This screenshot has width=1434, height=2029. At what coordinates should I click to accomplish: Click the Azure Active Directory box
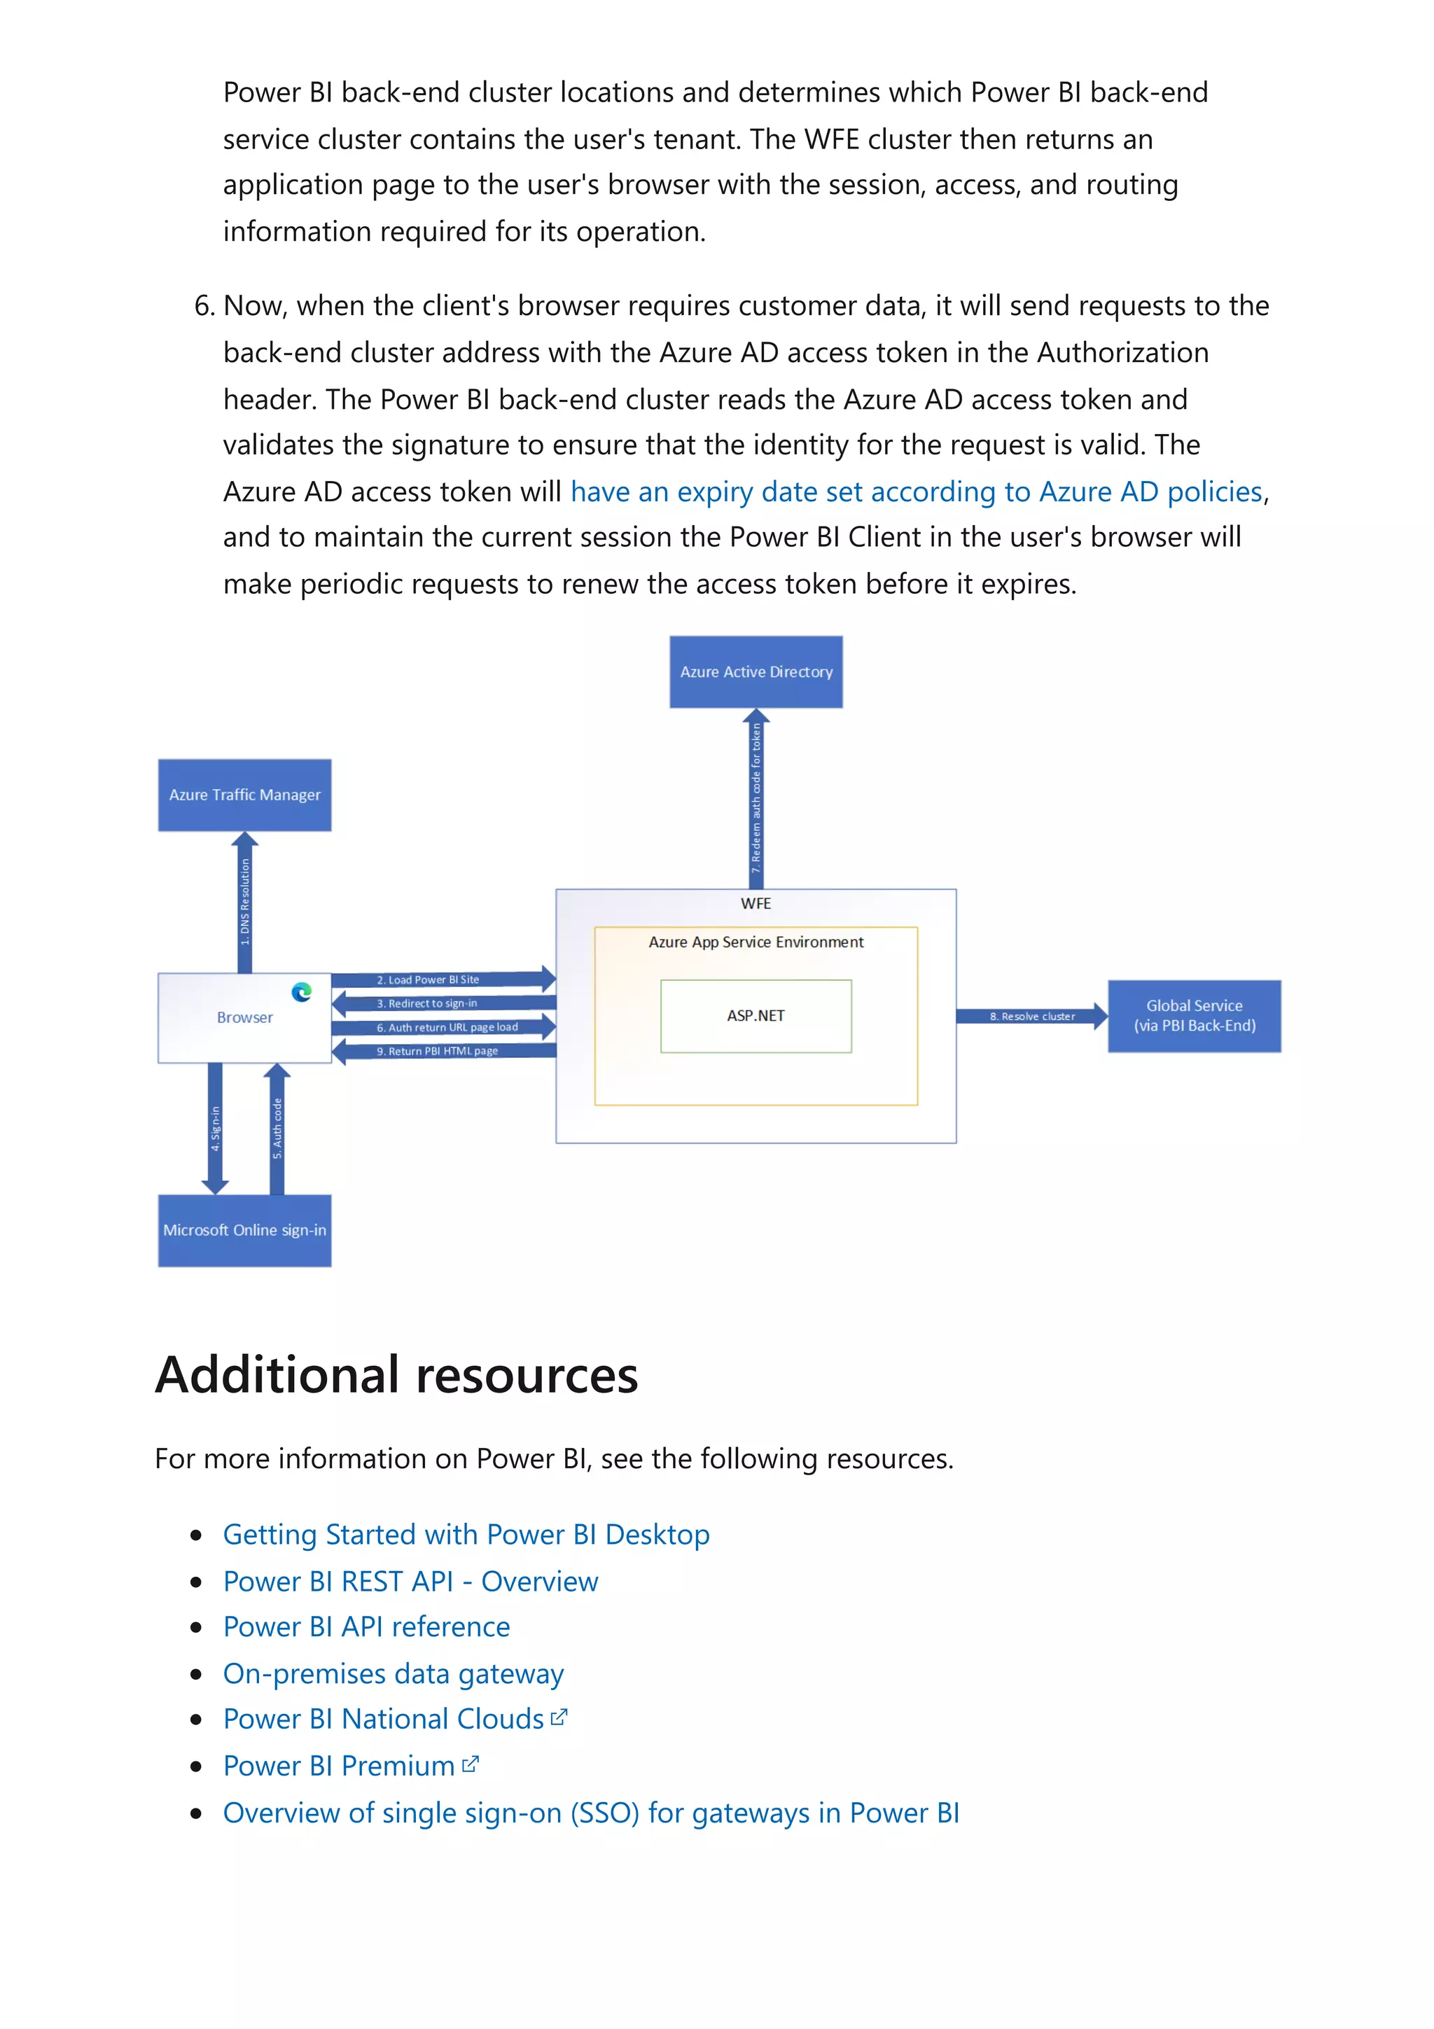[x=756, y=671]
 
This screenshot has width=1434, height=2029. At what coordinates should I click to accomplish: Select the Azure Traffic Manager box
[x=245, y=795]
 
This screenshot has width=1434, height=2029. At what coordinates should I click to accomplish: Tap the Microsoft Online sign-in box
[x=245, y=1230]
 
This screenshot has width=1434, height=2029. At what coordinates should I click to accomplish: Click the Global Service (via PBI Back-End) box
[x=1194, y=1015]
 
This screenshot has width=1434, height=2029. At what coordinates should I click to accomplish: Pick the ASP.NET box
[x=756, y=1015]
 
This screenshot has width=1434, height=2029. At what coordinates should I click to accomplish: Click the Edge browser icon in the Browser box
[x=301, y=991]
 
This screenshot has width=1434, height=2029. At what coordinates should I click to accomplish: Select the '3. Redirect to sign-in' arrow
[x=442, y=1003]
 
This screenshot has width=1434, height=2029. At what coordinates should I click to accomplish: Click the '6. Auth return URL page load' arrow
[x=442, y=1027]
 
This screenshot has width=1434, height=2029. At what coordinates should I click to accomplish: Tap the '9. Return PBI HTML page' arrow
[x=442, y=1051]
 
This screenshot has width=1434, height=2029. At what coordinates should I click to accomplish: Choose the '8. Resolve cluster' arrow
[x=1031, y=1017]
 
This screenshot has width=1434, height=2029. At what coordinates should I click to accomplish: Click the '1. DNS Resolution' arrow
[x=245, y=901]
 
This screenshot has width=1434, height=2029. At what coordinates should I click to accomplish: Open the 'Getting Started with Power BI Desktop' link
[x=466, y=1535]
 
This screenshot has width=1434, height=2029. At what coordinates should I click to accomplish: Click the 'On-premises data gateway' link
[x=394, y=1674]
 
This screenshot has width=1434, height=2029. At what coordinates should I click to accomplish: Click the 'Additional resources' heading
[x=397, y=1375]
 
